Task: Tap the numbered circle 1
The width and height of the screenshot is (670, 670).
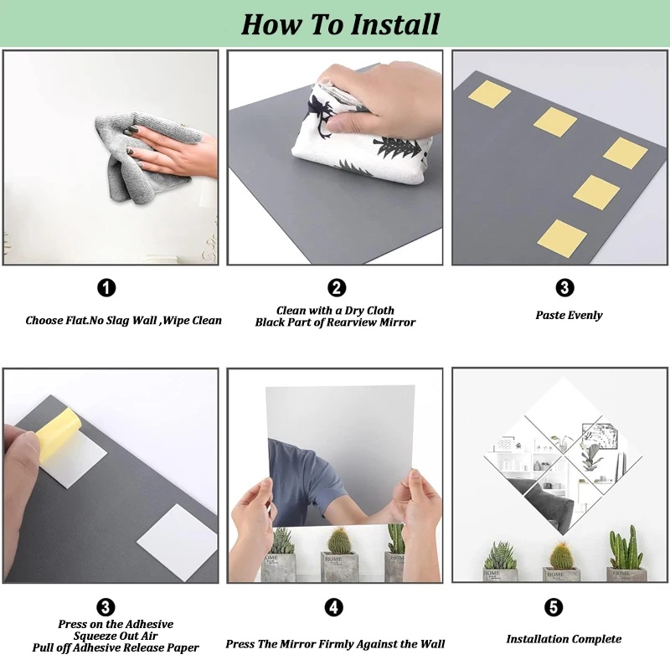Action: pyautogui.click(x=106, y=287)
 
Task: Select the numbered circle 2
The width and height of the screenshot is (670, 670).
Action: pyautogui.click(x=337, y=287)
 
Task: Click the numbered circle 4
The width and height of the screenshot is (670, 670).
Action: pyautogui.click(x=333, y=607)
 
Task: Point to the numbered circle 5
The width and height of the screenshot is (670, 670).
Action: pyautogui.click(x=554, y=606)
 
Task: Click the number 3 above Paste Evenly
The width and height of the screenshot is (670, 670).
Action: pyautogui.click(x=564, y=287)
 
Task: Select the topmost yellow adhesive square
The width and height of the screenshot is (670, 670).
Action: pyautogui.click(x=489, y=95)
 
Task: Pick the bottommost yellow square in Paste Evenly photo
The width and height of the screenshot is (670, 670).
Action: pyautogui.click(x=562, y=239)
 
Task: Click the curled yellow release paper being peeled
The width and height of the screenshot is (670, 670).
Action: pyautogui.click(x=59, y=434)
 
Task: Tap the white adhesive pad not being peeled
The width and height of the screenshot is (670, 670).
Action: pyautogui.click(x=178, y=542)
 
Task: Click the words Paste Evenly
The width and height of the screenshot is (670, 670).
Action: pyautogui.click(x=569, y=316)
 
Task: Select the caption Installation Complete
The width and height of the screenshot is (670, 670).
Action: pyautogui.click(x=564, y=639)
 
